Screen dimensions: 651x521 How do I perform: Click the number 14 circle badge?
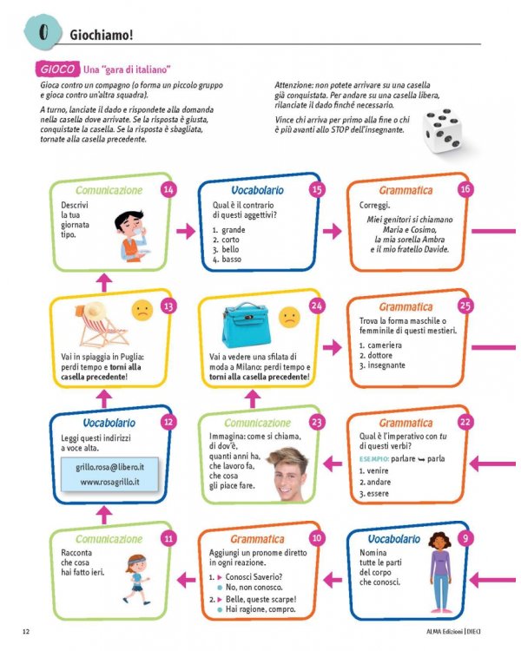coord(168,189)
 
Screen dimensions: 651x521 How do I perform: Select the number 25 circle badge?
coord(465,306)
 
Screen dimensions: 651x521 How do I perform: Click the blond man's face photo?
coord(287,474)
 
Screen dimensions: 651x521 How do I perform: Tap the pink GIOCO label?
coord(56,69)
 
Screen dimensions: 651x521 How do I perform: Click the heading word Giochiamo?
coord(102,36)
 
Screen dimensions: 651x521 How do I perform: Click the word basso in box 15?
coord(232,259)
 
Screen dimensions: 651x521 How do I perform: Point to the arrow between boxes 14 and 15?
coord(185,230)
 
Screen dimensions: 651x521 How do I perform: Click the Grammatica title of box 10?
coord(257,539)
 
